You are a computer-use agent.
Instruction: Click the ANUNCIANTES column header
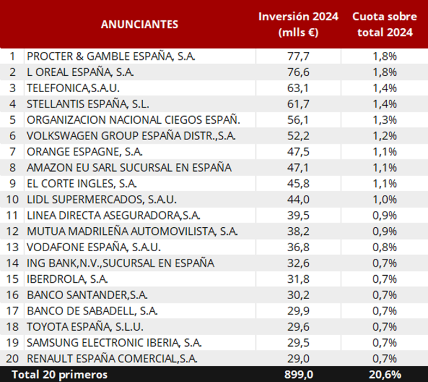click(x=139, y=24)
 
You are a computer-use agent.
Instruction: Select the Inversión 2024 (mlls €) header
click(x=298, y=24)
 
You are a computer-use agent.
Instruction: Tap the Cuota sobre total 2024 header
click(x=384, y=24)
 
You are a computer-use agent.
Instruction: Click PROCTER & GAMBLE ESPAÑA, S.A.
click(x=111, y=56)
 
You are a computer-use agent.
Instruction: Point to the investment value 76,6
click(x=298, y=72)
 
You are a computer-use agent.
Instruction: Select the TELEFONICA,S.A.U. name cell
click(x=73, y=88)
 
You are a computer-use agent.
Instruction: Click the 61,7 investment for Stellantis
click(x=298, y=104)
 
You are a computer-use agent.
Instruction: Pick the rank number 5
click(x=12, y=120)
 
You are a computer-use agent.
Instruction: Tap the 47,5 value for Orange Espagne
click(x=298, y=151)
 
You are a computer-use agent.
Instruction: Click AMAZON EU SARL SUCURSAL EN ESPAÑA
click(x=129, y=167)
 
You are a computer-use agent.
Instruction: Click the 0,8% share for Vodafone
click(x=384, y=247)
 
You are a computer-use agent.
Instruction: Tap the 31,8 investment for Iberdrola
click(x=298, y=279)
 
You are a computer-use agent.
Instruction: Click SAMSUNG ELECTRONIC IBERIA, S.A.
click(x=114, y=343)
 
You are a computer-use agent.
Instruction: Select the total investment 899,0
click(x=298, y=374)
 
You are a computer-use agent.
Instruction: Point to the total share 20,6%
click(x=384, y=374)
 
